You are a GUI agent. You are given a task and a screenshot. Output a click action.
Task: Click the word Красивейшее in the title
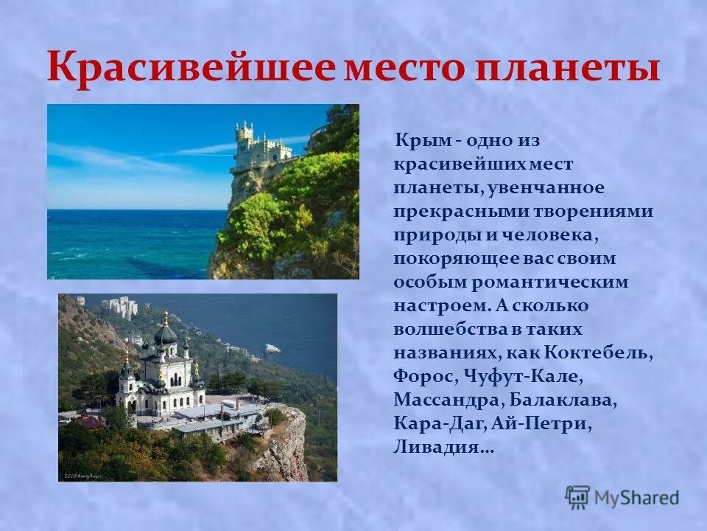(190, 68)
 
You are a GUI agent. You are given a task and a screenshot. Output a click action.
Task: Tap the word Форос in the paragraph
(425, 376)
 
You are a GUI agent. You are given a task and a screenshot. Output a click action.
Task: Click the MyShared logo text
(637, 497)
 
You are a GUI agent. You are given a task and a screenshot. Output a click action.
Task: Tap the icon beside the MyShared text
(578, 496)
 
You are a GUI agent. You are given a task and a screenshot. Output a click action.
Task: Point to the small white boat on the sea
(272, 348)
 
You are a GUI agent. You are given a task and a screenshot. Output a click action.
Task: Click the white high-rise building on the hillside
(121, 305)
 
